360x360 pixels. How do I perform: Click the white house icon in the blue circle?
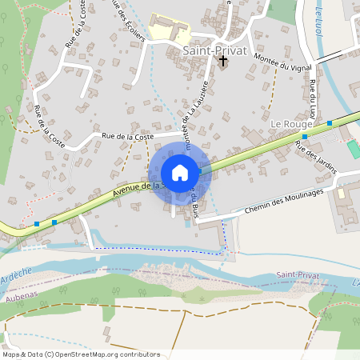pos(180,173)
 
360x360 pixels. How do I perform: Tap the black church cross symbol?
pos(223,60)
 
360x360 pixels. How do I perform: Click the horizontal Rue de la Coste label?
pos(127,137)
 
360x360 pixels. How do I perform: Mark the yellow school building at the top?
pos(167,31)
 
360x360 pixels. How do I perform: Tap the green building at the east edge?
pos(353,149)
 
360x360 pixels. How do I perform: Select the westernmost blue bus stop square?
pos(38,224)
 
